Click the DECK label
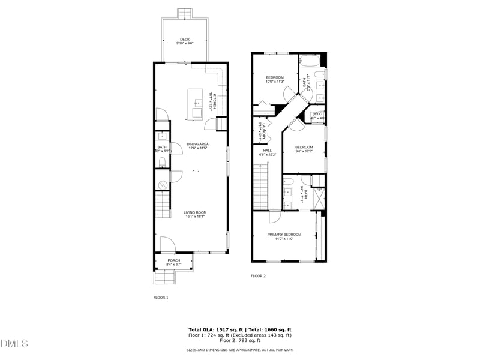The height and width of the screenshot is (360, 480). (x=185, y=40)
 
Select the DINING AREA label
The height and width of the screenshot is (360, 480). (x=197, y=144)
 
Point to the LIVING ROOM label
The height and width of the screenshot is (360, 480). (x=195, y=212)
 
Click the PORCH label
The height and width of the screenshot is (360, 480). (x=173, y=260)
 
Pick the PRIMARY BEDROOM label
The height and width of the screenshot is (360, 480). (x=284, y=234)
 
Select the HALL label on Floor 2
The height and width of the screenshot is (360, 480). (x=268, y=151)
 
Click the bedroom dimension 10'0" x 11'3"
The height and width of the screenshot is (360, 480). (x=275, y=82)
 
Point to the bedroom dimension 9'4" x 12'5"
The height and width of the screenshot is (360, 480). (x=304, y=151)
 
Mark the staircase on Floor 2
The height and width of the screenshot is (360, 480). (x=262, y=186)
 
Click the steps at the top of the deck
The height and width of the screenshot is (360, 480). (x=185, y=13)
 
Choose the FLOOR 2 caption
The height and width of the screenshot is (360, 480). (x=258, y=276)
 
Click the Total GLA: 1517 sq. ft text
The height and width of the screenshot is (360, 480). (x=214, y=330)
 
